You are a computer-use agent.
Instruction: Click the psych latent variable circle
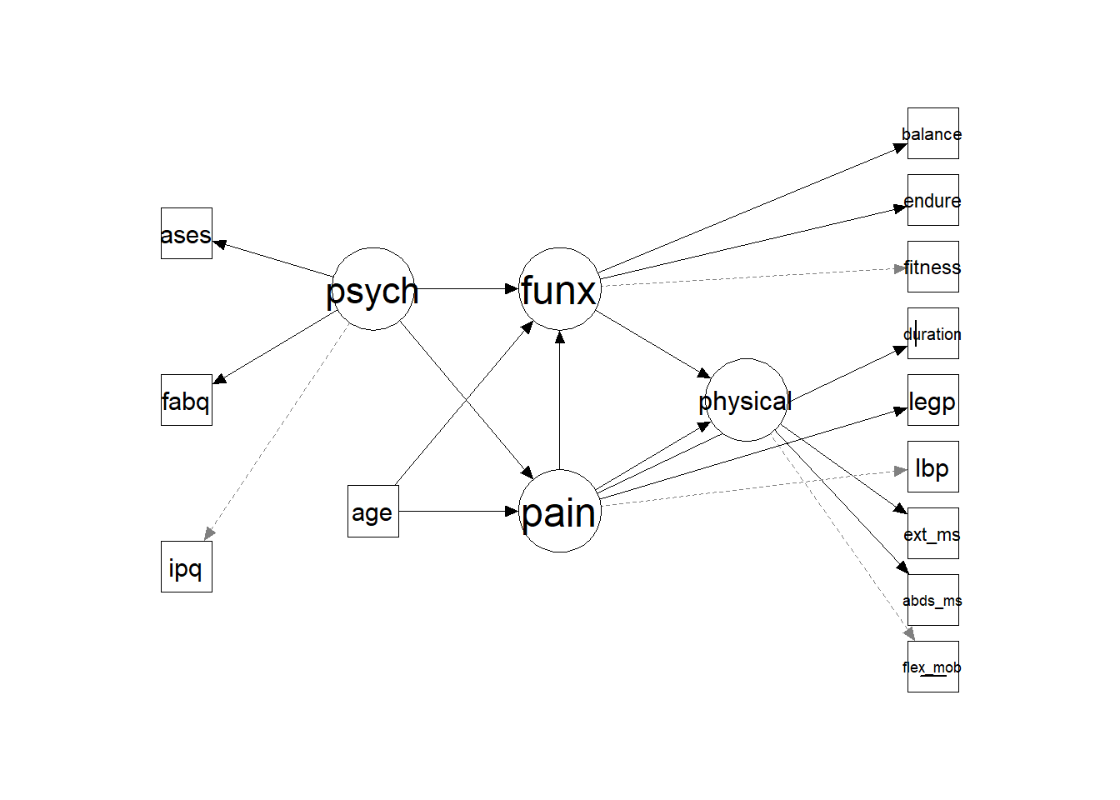[x=373, y=289]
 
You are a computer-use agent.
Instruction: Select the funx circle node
[x=559, y=289]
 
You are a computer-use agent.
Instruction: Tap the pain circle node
[x=559, y=511]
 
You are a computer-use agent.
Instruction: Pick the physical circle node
[x=746, y=400]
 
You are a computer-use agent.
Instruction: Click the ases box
[x=187, y=233]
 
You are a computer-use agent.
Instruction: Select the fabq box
[x=187, y=400]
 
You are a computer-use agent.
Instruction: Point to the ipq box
[x=187, y=567]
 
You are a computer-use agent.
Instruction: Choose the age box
[x=373, y=511]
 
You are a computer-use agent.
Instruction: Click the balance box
[x=932, y=133]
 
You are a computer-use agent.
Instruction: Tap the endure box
[x=932, y=200]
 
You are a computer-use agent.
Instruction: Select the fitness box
[x=932, y=267]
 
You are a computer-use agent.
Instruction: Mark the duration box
[x=932, y=333]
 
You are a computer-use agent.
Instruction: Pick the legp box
[x=932, y=400]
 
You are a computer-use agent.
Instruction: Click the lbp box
[x=932, y=467]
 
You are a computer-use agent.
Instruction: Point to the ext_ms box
[x=932, y=533]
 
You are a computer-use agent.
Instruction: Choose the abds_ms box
[x=932, y=600]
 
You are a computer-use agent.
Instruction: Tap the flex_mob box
[x=932, y=667]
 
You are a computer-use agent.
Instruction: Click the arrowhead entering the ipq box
[x=208, y=534]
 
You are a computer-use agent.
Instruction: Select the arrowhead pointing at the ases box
[x=219, y=243]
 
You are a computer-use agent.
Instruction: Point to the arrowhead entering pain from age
[x=512, y=511]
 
